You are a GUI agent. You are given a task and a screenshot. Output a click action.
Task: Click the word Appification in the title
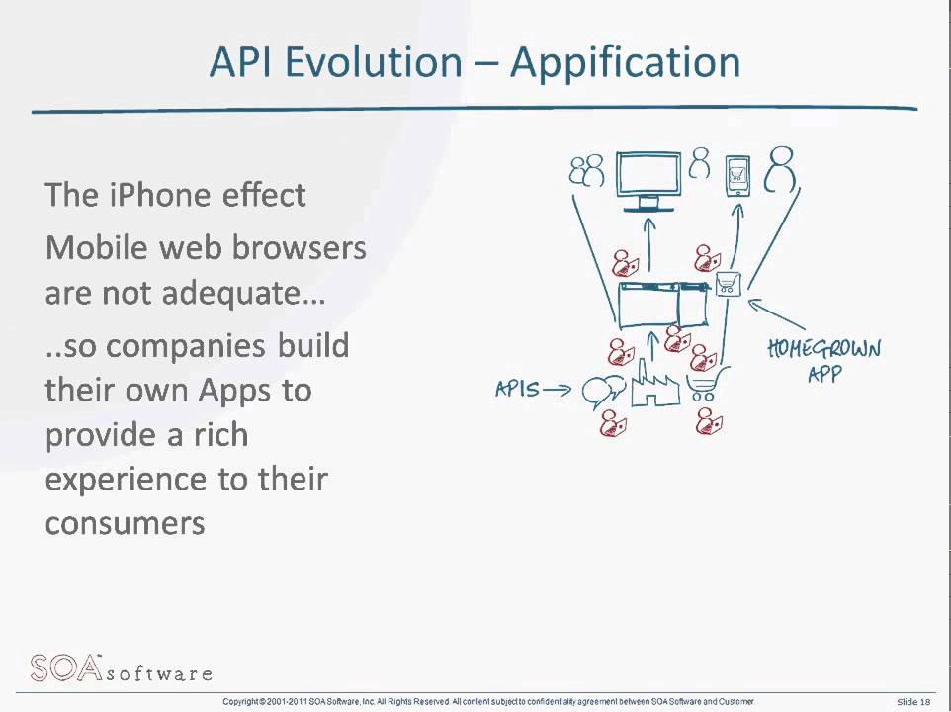click(626, 63)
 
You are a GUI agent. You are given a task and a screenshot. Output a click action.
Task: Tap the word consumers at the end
click(125, 522)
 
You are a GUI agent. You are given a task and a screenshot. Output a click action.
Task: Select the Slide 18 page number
click(913, 702)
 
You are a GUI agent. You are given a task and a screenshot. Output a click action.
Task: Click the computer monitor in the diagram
click(648, 179)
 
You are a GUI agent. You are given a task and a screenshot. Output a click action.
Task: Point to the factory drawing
click(653, 385)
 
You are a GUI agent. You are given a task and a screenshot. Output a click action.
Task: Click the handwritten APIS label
click(518, 390)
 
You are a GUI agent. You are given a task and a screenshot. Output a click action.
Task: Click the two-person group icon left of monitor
click(586, 171)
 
